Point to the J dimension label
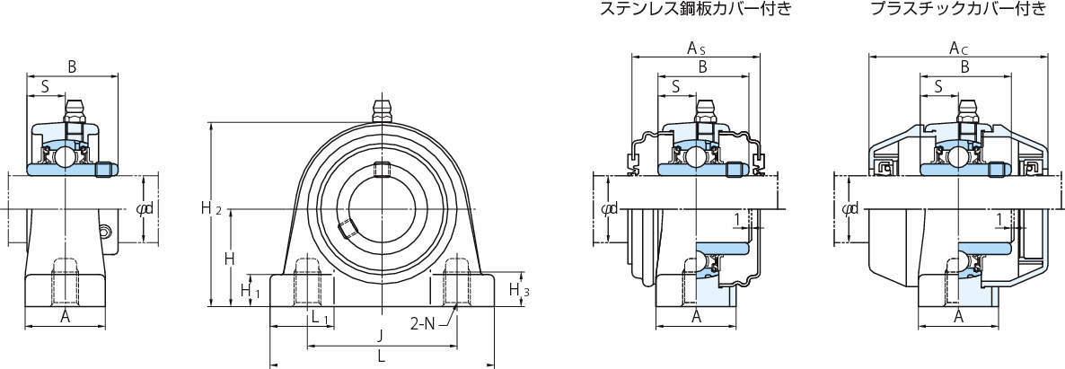tap(381, 336)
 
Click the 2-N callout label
tap(424, 322)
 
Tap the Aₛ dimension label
tap(696, 47)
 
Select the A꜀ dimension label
tap(957, 47)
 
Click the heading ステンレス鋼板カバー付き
tap(695, 11)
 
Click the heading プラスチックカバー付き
tap(958, 11)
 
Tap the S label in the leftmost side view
tap(45, 87)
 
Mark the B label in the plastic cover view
tap(964, 66)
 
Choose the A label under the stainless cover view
tap(696, 316)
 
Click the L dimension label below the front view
tap(382, 356)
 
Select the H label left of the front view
tap(229, 259)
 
